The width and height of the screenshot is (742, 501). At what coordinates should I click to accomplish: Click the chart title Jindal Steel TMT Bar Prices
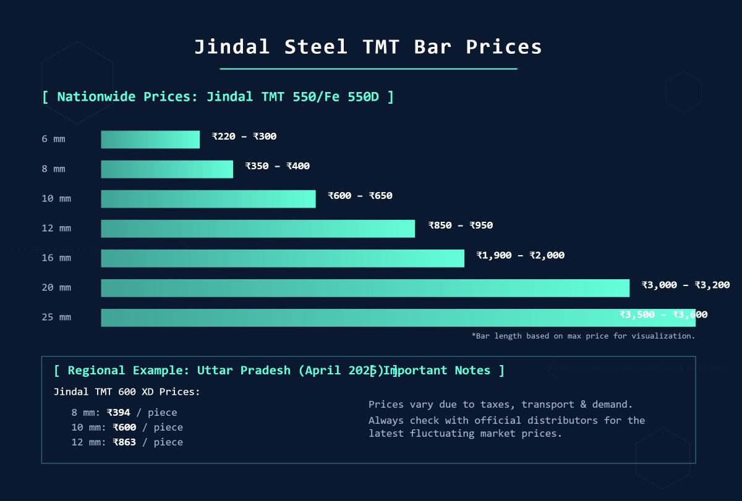(x=368, y=47)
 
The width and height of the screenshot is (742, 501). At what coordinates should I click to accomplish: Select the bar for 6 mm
(x=150, y=140)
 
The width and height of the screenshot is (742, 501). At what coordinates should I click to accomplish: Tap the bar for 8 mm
(x=167, y=169)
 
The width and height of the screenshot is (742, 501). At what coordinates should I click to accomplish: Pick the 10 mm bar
(x=208, y=199)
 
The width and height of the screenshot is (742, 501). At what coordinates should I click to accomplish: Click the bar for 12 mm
(x=258, y=229)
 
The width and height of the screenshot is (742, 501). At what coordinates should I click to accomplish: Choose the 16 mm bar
(x=283, y=258)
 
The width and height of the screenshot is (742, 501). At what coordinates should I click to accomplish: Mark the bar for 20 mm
(x=365, y=288)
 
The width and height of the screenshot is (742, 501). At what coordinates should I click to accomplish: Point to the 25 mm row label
(x=56, y=318)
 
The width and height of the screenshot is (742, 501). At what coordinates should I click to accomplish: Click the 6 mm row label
(x=53, y=140)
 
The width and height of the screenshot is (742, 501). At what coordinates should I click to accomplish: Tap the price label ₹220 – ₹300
(x=244, y=137)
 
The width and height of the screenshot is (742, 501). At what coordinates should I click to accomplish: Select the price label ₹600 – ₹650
(x=360, y=196)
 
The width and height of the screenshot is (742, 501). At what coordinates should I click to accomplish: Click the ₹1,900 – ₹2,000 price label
(x=520, y=255)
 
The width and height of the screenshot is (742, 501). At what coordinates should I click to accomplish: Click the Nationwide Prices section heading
(x=218, y=97)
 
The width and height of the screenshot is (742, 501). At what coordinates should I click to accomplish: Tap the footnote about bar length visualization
(x=583, y=336)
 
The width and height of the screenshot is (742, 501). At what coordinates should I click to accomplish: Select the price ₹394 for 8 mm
(x=119, y=413)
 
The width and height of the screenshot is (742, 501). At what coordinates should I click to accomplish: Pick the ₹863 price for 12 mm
(x=124, y=442)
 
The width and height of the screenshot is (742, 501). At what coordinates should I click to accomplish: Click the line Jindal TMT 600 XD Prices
(x=127, y=392)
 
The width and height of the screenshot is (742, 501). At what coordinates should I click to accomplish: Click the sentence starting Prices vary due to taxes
(x=500, y=405)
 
